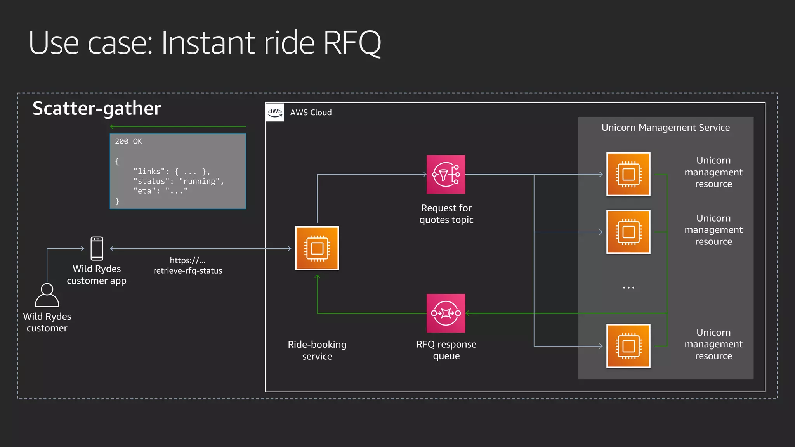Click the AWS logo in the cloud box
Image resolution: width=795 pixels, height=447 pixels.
click(x=275, y=112)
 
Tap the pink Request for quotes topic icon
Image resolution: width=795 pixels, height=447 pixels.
click(x=446, y=175)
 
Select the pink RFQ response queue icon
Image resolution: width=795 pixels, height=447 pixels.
click(x=446, y=313)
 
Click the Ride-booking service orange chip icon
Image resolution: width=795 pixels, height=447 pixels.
click(x=317, y=248)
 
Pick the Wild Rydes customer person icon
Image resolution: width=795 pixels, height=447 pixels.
click(x=47, y=295)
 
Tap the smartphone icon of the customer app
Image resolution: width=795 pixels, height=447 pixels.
click(x=97, y=248)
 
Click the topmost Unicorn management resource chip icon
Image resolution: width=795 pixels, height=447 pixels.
click(x=628, y=174)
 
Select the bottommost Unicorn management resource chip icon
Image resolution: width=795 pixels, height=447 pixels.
click(x=628, y=346)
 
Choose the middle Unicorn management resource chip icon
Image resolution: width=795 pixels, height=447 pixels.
click(x=628, y=232)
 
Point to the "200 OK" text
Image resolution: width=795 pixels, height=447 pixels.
click(x=128, y=141)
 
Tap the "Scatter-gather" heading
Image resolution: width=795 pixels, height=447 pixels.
click(x=97, y=108)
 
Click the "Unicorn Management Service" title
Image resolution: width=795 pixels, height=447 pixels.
click(x=665, y=128)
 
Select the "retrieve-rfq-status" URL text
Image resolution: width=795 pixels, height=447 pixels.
click(x=187, y=270)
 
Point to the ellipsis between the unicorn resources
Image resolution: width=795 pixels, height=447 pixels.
click(x=628, y=288)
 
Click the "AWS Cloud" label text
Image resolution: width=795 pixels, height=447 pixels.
click(x=311, y=113)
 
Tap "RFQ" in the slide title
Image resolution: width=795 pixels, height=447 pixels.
click(x=352, y=43)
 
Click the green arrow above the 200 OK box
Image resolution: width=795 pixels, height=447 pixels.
click(x=178, y=127)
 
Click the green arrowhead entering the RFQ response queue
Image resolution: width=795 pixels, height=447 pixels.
click(x=468, y=313)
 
